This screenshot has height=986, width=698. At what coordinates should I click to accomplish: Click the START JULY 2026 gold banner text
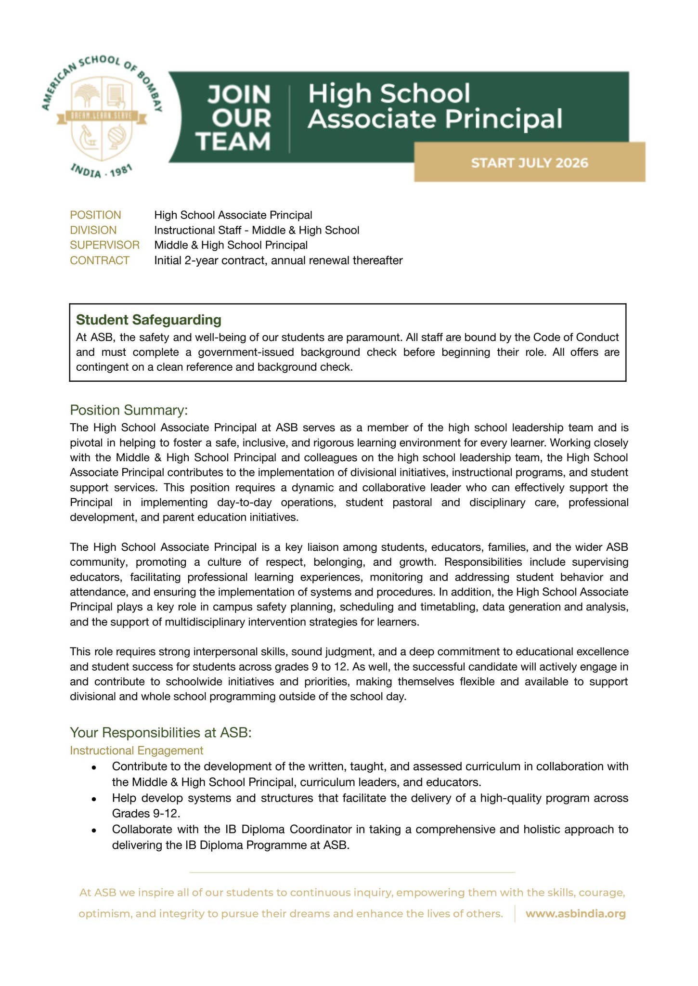pos(530,163)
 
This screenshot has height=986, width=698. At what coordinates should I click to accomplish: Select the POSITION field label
pos(95,215)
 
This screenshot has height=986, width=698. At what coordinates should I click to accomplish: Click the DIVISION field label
pos(93,230)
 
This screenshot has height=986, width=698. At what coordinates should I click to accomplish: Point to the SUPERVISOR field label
pos(104,245)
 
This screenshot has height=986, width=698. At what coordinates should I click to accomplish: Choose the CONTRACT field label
pos(100,260)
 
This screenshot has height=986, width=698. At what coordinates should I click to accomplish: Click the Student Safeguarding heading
pos(149,320)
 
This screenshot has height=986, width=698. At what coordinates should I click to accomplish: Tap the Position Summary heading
pos(128,410)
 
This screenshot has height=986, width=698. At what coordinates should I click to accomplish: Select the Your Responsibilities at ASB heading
pos(161,732)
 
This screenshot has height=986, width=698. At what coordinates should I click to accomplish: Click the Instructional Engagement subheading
pos(136,750)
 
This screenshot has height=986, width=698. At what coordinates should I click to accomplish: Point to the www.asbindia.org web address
pos(575,913)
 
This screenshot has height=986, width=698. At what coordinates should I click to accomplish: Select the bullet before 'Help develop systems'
pos(95,799)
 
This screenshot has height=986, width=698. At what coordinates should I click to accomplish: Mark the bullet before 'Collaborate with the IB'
pos(95,830)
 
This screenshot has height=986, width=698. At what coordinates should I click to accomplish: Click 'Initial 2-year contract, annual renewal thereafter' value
pos(278,260)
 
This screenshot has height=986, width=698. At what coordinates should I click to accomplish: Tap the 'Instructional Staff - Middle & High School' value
pos(257,230)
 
